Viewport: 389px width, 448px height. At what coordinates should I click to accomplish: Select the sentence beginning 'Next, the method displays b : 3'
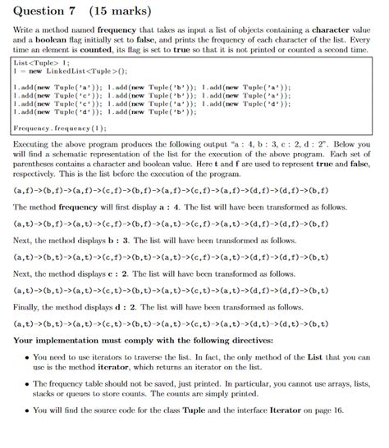pyautogui.click(x=148, y=239)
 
